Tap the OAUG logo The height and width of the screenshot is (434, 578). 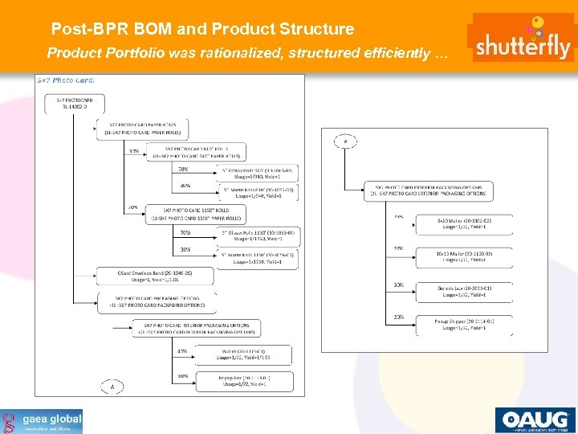click(x=534, y=420)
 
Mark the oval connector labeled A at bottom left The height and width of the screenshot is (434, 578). click(x=112, y=387)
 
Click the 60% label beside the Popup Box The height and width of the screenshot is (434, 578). click(x=182, y=375)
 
